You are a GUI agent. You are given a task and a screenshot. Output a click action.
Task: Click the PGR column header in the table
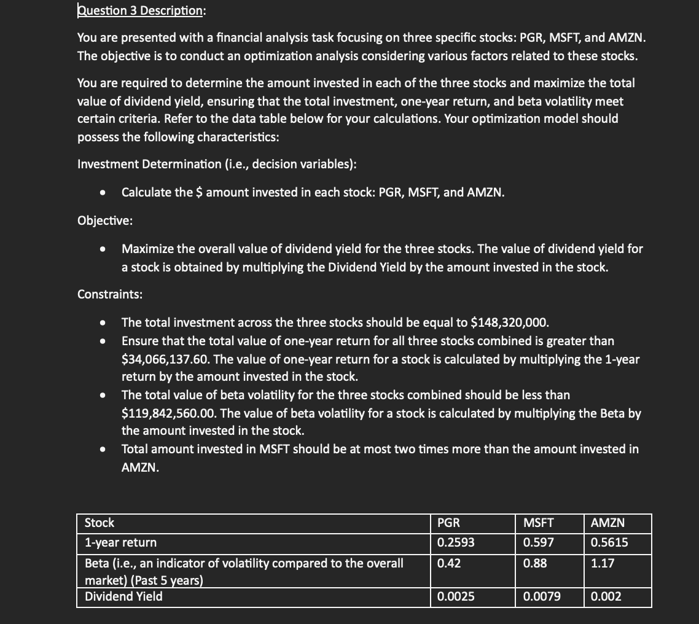click(x=448, y=523)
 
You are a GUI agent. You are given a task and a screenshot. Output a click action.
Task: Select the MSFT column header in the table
click(x=538, y=523)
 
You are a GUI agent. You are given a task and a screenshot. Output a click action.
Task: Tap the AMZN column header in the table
click(x=607, y=523)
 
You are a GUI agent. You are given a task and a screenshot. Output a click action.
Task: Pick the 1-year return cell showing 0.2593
click(x=456, y=542)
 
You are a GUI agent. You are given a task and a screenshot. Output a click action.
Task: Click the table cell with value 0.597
click(x=538, y=542)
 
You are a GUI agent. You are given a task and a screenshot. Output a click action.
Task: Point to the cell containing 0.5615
click(x=609, y=542)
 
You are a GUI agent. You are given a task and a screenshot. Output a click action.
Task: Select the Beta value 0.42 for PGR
click(x=448, y=563)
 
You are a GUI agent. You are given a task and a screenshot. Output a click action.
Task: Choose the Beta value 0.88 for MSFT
click(x=534, y=563)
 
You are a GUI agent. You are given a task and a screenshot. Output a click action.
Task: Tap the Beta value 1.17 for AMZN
click(x=602, y=563)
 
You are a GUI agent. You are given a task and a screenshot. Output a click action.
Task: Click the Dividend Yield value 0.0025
click(x=456, y=596)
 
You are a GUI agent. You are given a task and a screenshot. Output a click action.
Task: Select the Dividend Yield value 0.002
click(x=606, y=596)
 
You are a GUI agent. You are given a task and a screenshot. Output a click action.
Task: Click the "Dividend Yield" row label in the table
click(x=123, y=596)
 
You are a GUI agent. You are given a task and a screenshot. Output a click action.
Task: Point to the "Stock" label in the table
click(x=100, y=523)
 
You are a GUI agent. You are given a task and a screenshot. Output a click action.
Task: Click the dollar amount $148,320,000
click(x=509, y=322)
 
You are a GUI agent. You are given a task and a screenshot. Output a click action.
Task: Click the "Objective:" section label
click(x=104, y=221)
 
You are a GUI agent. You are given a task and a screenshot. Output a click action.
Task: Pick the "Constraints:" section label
click(x=110, y=294)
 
